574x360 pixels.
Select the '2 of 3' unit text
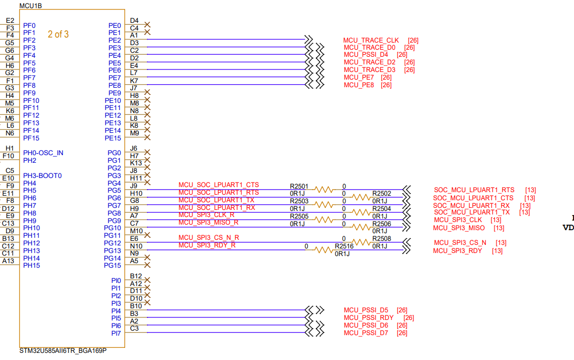[58, 34]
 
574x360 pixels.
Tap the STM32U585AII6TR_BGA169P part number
[63, 351]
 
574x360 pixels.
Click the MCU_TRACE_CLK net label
[371, 41]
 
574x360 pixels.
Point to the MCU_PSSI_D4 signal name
[366, 55]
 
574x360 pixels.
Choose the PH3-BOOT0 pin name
[43, 175]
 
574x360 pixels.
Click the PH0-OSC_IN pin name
[44, 153]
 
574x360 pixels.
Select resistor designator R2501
[299, 187]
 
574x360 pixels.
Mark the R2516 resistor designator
[344, 246]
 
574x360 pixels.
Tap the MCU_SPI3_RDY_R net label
[207, 245]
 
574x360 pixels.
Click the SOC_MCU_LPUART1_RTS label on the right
[474, 190]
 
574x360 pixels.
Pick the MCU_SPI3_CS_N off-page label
[460, 243]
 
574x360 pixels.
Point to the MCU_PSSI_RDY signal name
[369, 318]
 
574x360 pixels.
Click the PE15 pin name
[113, 138]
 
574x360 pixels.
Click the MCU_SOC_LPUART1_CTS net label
[218, 185]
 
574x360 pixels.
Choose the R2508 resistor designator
[381, 238]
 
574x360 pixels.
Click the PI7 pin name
[116, 333]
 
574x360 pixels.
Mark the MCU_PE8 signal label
[360, 85]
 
